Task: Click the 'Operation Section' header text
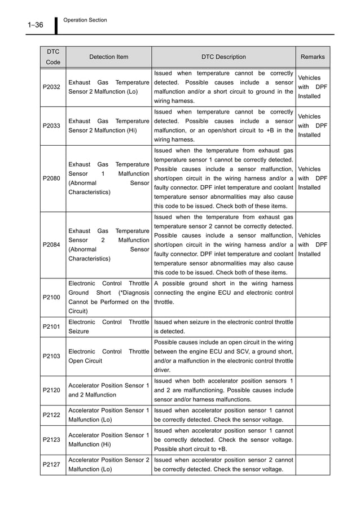click(85, 20)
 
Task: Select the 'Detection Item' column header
click(108, 57)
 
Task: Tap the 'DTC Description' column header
click(223, 57)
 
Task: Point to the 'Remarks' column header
click(313, 57)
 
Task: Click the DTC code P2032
click(52, 87)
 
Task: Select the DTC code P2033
click(52, 126)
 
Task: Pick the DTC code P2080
click(52, 178)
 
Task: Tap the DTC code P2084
click(52, 245)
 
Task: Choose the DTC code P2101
click(52, 326)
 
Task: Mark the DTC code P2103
click(52, 355)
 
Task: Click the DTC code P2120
click(52, 390)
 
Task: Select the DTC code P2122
click(52, 415)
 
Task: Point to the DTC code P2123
click(52, 439)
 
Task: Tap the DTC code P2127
click(52, 464)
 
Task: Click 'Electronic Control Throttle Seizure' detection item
click(108, 326)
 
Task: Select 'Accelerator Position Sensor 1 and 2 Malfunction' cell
click(108, 390)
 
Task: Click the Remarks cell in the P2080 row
click(313, 178)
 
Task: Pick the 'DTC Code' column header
click(52, 57)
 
